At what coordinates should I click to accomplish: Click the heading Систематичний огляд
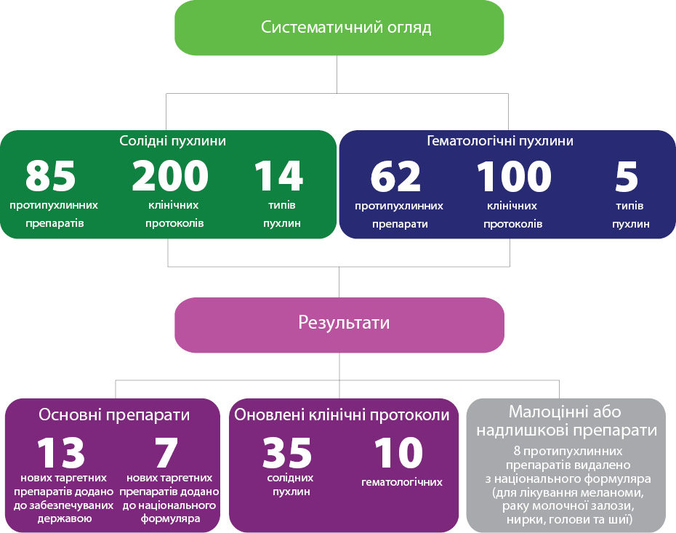(346, 27)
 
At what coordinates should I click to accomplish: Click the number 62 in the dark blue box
(395, 177)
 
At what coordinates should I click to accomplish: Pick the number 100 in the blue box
(514, 177)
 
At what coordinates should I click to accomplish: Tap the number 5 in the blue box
(627, 177)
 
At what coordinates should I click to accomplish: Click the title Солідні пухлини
(172, 140)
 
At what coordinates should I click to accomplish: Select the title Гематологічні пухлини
(500, 140)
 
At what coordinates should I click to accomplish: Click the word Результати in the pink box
(344, 323)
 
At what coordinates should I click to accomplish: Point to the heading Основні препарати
(114, 414)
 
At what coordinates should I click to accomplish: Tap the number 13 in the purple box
(61, 452)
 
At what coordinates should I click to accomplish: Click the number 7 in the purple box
(166, 452)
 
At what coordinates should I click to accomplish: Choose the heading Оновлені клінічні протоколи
(342, 414)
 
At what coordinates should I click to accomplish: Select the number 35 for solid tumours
(287, 452)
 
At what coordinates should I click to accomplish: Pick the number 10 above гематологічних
(399, 452)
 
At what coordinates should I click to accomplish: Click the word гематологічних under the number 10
(402, 481)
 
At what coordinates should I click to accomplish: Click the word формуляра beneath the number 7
(170, 518)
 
